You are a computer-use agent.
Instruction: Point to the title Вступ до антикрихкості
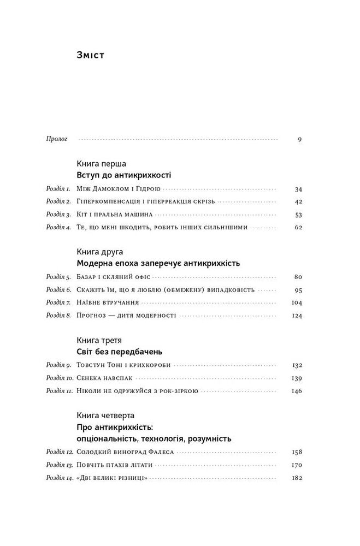pos(125,176)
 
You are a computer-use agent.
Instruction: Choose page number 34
pos(298,189)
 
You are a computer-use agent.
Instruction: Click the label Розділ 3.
pos(58,215)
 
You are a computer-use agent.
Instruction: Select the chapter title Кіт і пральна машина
pos(115,215)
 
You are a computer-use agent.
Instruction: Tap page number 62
pos(298,227)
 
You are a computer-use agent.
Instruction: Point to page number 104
pos(296,302)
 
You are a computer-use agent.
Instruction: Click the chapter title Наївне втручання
pos(110,302)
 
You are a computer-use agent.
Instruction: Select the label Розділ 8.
pos(58,315)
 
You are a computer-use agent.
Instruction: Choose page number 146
pos(296,390)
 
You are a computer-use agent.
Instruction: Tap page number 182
pos(296,478)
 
